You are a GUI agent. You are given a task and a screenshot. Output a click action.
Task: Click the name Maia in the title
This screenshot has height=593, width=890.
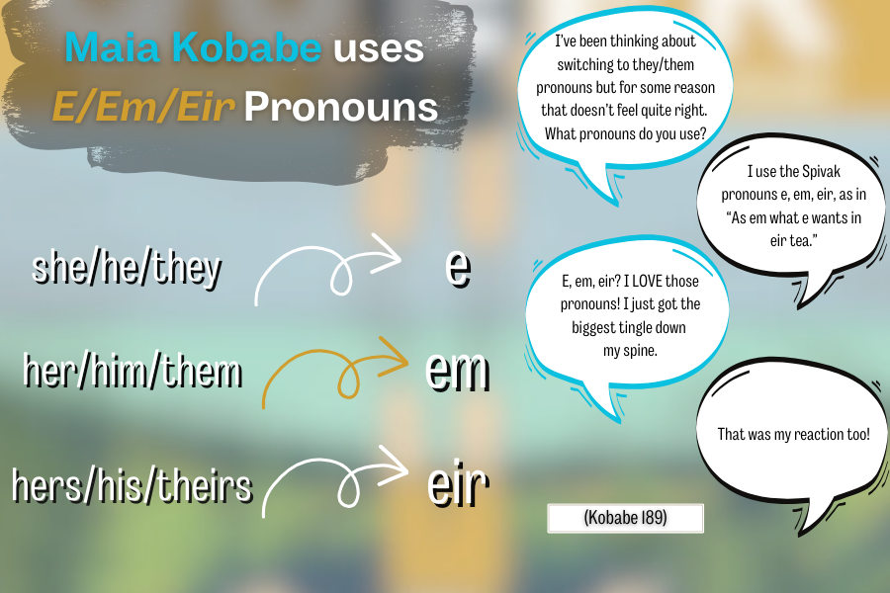pyautogui.click(x=112, y=46)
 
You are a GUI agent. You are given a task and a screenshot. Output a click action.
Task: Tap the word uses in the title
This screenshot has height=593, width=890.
pyautogui.click(x=379, y=48)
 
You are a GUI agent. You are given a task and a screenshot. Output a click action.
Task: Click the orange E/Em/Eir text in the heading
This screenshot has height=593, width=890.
pyautogui.click(x=143, y=107)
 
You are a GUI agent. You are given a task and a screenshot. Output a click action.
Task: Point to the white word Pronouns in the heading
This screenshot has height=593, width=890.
pyautogui.click(x=341, y=107)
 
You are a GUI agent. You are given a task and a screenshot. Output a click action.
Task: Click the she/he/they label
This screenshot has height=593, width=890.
pyautogui.click(x=127, y=268)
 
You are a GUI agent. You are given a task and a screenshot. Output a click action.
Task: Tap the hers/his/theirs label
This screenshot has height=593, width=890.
pyautogui.click(x=132, y=485)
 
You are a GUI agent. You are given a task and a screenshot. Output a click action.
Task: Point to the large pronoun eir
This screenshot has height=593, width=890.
pyautogui.click(x=458, y=484)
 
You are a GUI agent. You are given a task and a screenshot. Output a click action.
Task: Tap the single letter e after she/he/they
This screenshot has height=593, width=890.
pyautogui.click(x=458, y=268)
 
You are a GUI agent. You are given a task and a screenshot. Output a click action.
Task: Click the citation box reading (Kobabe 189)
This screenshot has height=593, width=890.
pyautogui.click(x=626, y=518)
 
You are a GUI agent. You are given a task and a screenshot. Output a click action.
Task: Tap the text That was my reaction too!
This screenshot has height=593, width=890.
pyautogui.click(x=793, y=434)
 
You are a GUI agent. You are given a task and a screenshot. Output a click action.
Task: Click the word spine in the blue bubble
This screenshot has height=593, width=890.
pyautogui.click(x=643, y=351)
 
